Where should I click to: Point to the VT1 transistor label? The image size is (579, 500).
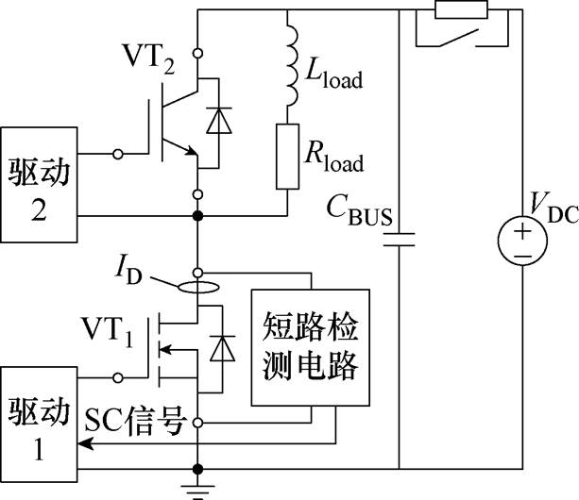click(107, 331)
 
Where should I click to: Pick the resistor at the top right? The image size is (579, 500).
click(462, 9)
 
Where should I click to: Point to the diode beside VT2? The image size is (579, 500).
click(219, 120)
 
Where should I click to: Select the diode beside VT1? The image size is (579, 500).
click(222, 348)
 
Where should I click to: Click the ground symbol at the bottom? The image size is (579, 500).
click(198, 492)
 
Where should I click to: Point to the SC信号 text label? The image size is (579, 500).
click(134, 421)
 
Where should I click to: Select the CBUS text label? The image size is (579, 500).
click(359, 210)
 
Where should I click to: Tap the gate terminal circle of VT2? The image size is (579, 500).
click(118, 154)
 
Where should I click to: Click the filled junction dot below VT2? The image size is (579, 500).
click(198, 216)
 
